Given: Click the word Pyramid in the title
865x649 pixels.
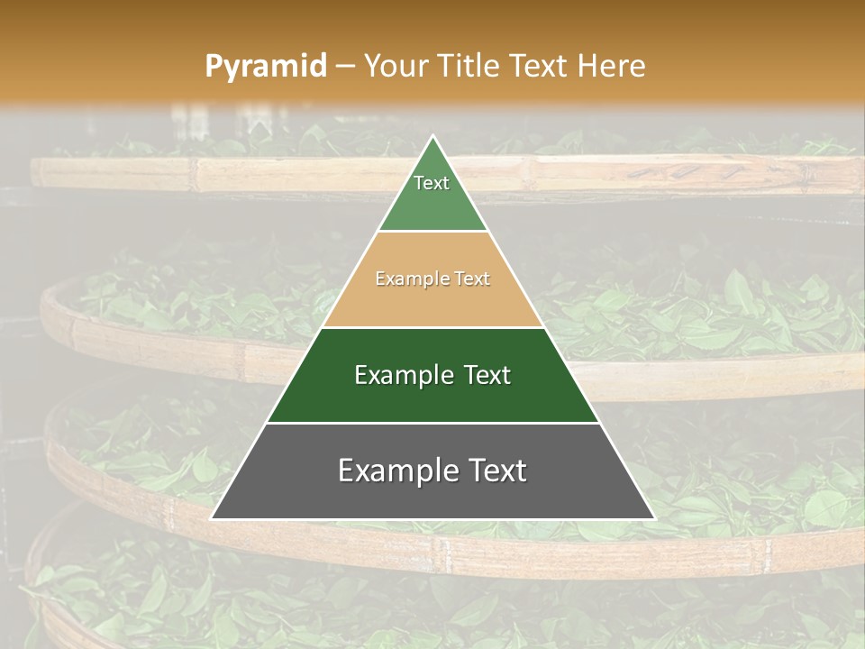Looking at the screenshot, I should pos(265,67).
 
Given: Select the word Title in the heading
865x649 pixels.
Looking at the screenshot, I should pos(469,67).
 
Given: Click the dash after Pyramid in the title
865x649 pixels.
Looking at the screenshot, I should pos(345,67).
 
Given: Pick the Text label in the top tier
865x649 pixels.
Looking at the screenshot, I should pos(432,183).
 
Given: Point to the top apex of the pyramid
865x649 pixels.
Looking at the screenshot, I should pos(432,136).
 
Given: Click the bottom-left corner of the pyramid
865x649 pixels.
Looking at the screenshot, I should pos(212,518).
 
